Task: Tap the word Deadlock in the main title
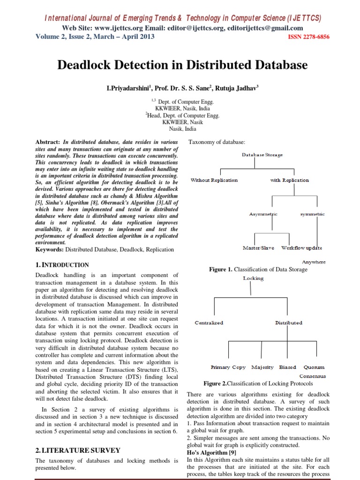pyautogui.click(x=84, y=65)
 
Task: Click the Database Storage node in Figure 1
pyautogui.click(x=262, y=155)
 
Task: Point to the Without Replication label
pyautogui.click(x=214, y=180)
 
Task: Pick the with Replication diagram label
pyautogui.click(x=290, y=180)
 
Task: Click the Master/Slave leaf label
pyautogui.click(x=258, y=247)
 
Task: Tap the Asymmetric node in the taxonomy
pyautogui.click(x=263, y=214)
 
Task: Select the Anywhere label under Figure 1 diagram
pyautogui.click(x=314, y=262)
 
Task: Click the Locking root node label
pyautogui.click(x=253, y=278)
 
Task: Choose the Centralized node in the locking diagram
pyautogui.click(x=209, y=322)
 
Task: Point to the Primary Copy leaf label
pyautogui.click(x=228, y=367)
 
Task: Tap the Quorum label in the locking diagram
pyautogui.click(x=314, y=367)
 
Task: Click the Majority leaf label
pyautogui.click(x=262, y=367)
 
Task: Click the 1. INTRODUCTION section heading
pyautogui.click(x=62, y=265)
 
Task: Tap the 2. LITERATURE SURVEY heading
pyautogui.click(x=78, y=450)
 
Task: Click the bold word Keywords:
pyautogui.click(x=50, y=250)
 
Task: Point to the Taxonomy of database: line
pyautogui.click(x=217, y=142)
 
